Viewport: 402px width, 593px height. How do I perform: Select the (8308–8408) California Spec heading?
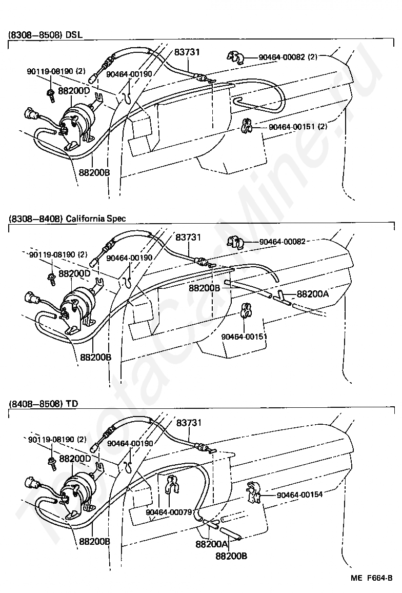67,219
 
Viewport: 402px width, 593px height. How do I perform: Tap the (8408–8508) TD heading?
43,403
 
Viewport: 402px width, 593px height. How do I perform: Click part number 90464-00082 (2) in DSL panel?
288,57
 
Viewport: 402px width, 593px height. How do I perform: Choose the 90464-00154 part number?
300,495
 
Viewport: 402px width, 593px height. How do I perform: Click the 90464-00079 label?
168,512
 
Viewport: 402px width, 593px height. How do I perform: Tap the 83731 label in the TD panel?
189,423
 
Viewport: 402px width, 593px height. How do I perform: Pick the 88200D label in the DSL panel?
74,90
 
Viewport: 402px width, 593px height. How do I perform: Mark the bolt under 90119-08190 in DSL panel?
52,93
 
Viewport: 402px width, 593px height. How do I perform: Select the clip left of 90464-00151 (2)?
247,125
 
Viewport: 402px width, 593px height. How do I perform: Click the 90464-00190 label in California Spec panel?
129,258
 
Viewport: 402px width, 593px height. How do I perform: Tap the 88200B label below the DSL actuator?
94,172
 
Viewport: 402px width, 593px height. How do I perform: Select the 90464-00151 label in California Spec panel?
244,337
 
